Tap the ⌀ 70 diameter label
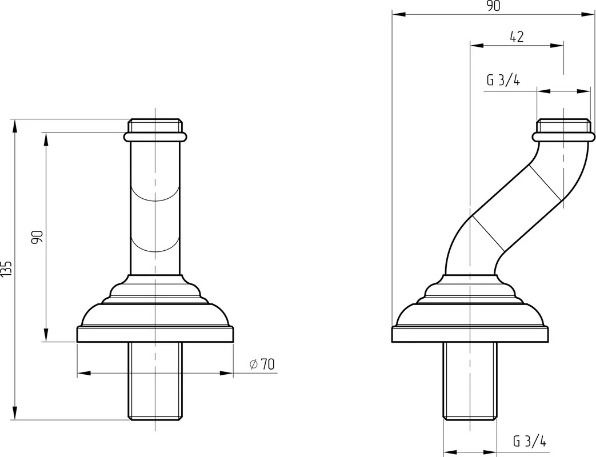tap(262, 364)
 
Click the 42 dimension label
tap(517, 37)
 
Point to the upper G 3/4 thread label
tap(503, 80)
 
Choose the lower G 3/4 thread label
tap(530, 442)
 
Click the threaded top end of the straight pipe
tap(155, 126)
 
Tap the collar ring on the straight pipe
tap(155, 137)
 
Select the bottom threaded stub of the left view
tap(155, 381)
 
